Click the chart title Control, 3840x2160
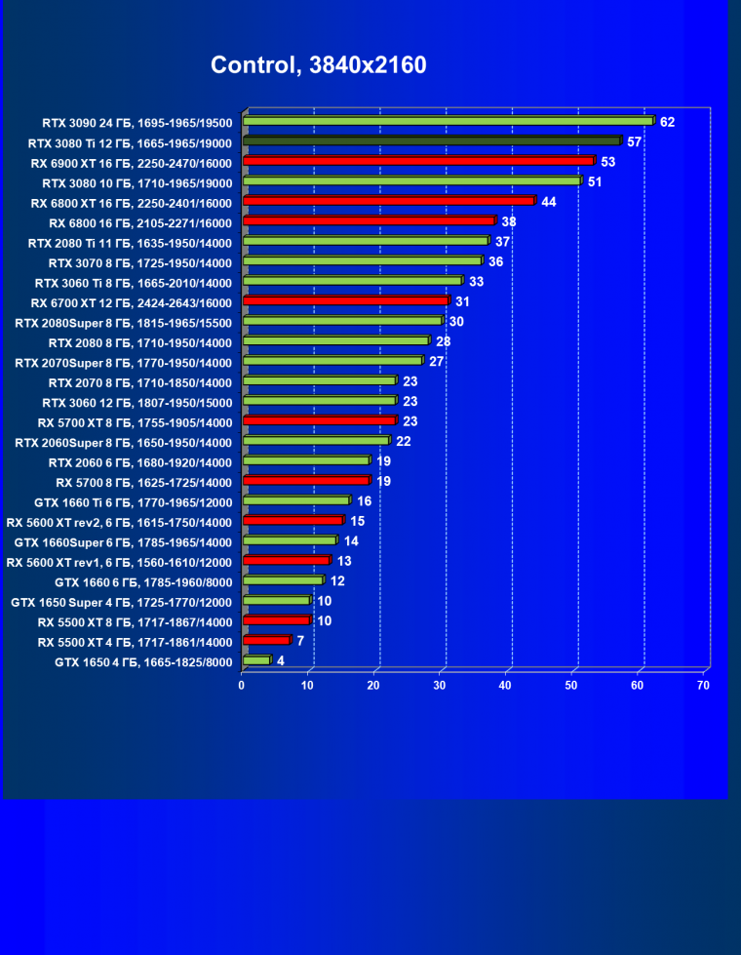[318, 65]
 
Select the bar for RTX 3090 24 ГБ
[448, 121]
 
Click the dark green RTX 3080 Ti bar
[431, 141]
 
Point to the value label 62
[667, 122]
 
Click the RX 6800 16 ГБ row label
[140, 221]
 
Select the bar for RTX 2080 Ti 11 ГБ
[365, 241]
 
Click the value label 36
[495, 261]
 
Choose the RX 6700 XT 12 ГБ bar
[345, 301]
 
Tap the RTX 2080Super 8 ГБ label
[124, 321]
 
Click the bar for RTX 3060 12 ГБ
[319, 401]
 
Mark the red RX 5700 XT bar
[319, 421]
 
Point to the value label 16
[365, 501]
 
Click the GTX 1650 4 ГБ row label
[143, 661]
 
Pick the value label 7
[300, 641]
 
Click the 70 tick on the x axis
[703, 686]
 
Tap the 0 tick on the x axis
[242, 686]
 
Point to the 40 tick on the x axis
[505, 686]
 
